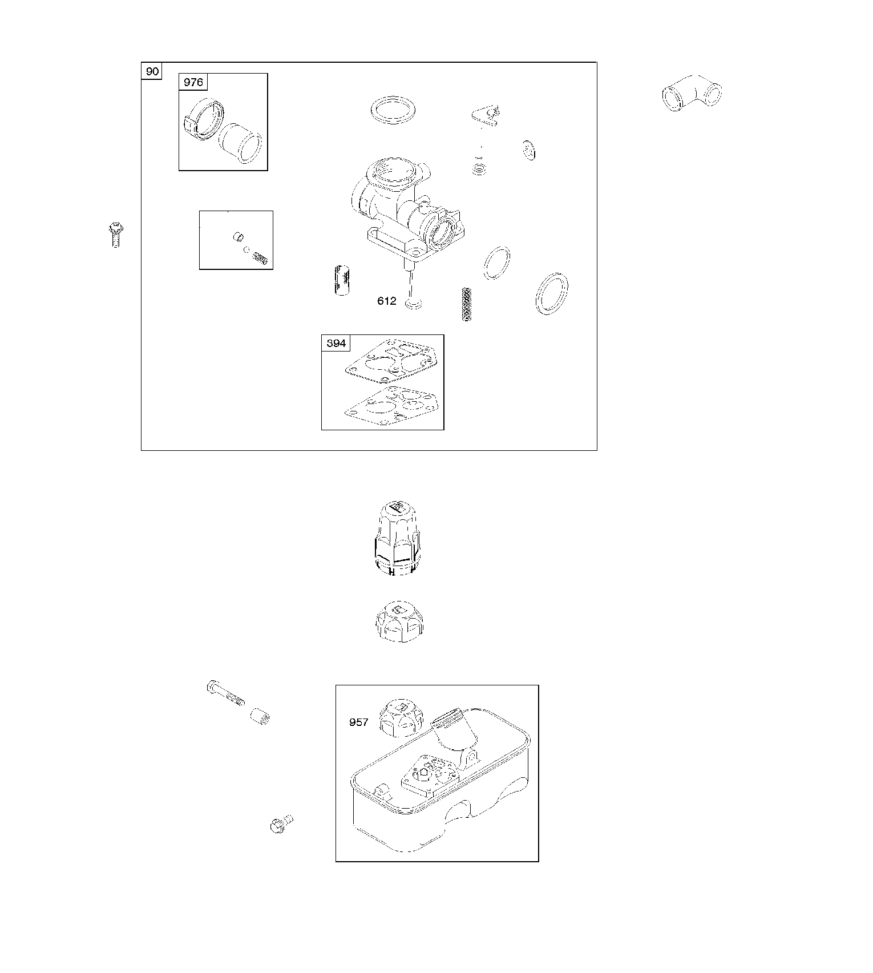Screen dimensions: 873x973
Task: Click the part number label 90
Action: point(152,71)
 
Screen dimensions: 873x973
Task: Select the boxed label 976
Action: point(193,82)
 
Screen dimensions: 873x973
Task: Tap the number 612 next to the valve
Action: point(387,301)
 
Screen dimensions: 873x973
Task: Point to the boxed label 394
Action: point(336,343)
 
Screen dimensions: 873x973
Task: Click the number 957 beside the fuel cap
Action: point(359,722)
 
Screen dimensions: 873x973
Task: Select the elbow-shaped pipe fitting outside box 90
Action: point(692,92)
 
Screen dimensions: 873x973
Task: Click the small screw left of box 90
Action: point(115,234)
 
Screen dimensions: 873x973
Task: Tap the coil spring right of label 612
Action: point(467,304)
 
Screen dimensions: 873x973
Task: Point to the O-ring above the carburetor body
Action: point(393,110)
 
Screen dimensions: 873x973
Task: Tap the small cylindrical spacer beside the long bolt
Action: point(260,716)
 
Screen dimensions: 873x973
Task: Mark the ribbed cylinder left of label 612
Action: point(342,280)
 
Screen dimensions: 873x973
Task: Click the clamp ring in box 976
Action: point(202,119)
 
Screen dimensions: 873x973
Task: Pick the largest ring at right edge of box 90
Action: point(552,293)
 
